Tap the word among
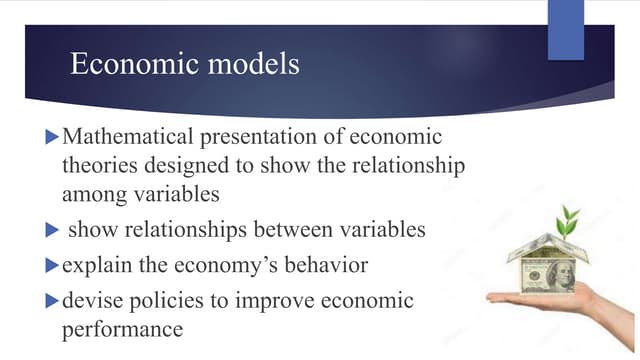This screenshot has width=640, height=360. point(95,193)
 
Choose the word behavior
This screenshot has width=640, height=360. point(319,266)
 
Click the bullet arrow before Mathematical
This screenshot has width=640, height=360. point(53,135)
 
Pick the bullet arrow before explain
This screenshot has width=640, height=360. point(53,266)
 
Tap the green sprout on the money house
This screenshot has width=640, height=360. point(569,218)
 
